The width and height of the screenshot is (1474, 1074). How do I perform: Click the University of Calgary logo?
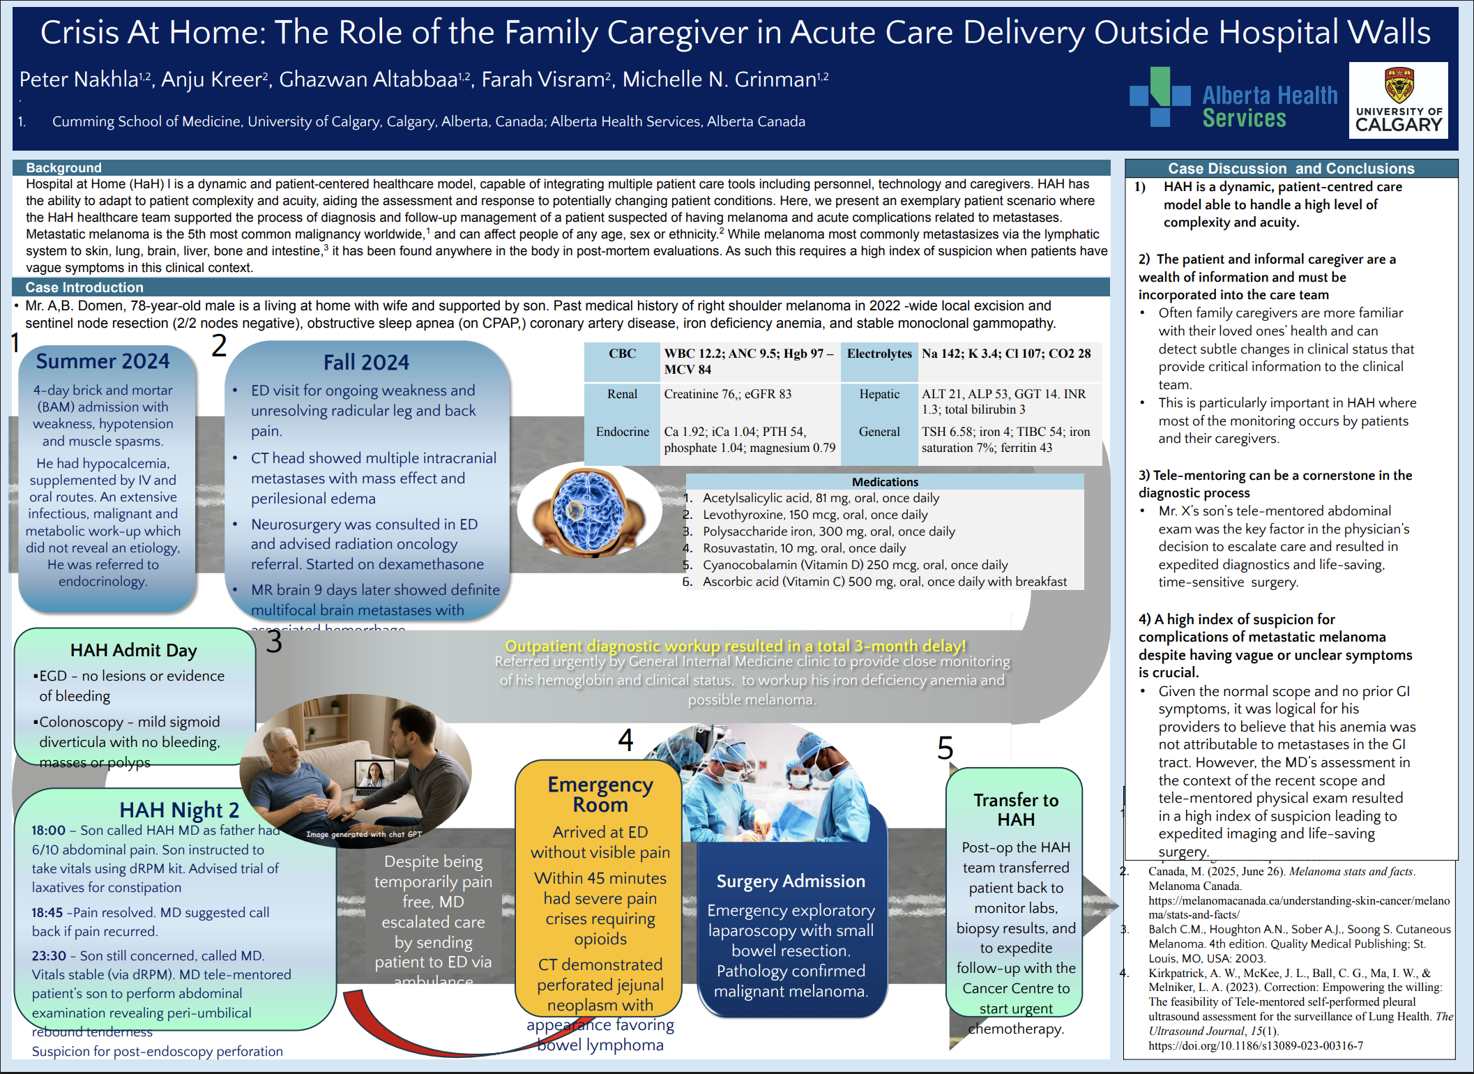click(1398, 100)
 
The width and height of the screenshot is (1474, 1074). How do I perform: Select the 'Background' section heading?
click(63, 168)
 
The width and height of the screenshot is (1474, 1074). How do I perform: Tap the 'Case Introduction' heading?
click(84, 287)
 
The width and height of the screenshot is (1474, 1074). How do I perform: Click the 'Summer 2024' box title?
click(102, 361)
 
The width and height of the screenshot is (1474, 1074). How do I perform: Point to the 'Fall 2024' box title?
click(366, 363)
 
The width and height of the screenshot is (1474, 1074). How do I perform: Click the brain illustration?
click(589, 510)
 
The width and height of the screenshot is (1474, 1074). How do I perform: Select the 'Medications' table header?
click(885, 482)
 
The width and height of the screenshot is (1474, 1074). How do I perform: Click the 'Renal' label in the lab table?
click(622, 394)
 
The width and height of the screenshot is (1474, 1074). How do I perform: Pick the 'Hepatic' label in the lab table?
click(879, 394)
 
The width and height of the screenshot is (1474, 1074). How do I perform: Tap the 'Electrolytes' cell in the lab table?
click(879, 354)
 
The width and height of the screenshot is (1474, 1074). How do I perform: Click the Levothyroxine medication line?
click(814, 515)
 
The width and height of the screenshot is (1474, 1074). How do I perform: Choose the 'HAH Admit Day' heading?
click(134, 651)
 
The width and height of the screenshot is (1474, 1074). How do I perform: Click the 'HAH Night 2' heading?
click(179, 810)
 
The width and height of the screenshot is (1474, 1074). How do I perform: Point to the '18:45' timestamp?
click(47, 913)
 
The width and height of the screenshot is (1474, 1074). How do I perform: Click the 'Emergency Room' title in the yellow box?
click(600, 794)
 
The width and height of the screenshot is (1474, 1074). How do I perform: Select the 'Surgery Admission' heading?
click(791, 882)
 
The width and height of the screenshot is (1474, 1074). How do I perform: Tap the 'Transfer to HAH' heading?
click(1016, 810)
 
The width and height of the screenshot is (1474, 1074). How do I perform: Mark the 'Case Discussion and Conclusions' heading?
click(1291, 169)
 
